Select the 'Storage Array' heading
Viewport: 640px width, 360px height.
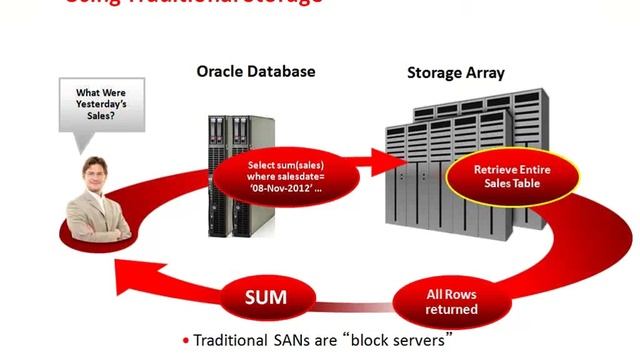(x=455, y=72)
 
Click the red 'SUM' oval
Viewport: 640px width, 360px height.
(x=267, y=296)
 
